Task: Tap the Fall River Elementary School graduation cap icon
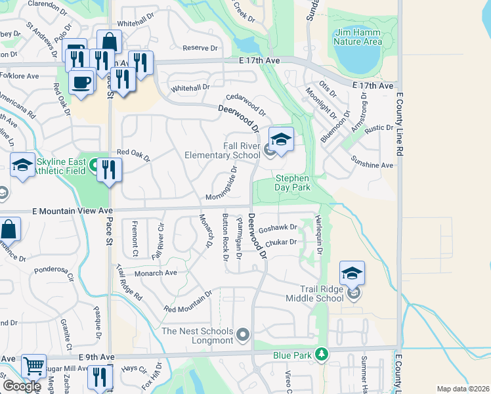click(281, 139)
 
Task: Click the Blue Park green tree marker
click(321, 355)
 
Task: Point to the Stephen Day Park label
click(292, 183)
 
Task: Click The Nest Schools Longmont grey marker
click(243, 336)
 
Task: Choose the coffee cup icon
click(81, 82)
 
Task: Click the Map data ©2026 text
click(463, 389)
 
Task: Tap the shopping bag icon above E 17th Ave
click(109, 41)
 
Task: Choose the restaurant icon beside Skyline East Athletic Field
click(109, 169)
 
